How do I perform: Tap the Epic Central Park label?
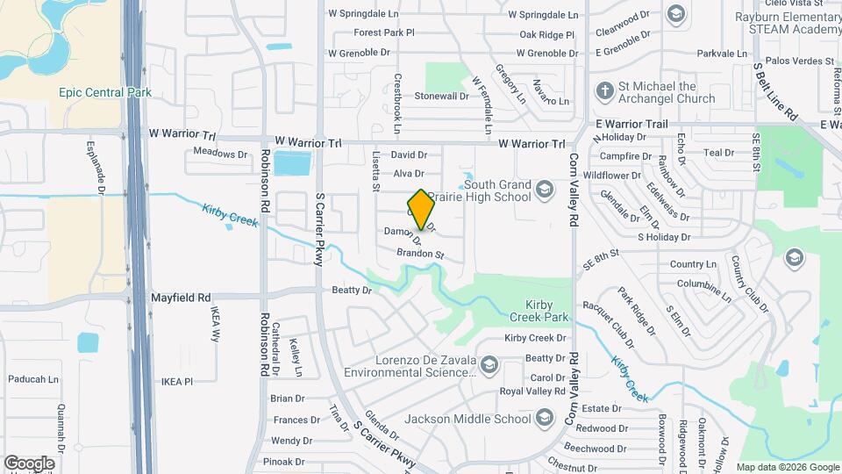(x=105, y=93)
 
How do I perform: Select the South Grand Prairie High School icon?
(x=544, y=190)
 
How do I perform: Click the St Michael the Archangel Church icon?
(x=603, y=91)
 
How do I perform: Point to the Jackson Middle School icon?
(x=544, y=419)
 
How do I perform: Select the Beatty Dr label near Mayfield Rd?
(x=351, y=290)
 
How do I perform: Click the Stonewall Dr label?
(x=441, y=96)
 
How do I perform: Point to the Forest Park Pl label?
(x=383, y=33)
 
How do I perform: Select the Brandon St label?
(x=420, y=254)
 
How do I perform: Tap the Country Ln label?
(x=692, y=264)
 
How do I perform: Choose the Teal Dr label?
(x=717, y=153)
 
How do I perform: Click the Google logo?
(x=29, y=463)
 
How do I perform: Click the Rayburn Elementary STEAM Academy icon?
(x=674, y=13)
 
